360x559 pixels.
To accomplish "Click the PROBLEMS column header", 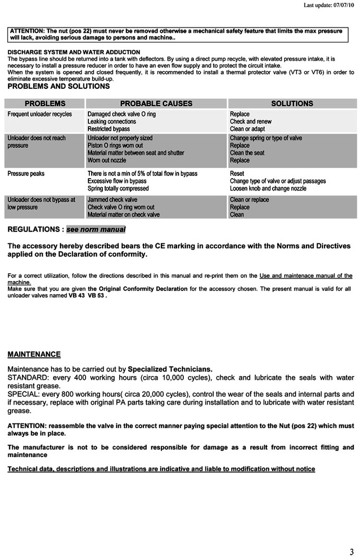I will (x=45, y=104).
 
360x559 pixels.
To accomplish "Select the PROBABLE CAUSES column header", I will (x=156, y=104).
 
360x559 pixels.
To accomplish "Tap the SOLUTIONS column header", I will (x=292, y=104).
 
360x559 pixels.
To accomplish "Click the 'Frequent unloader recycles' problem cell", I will (x=40, y=114).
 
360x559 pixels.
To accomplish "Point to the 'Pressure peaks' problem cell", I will (x=26, y=174).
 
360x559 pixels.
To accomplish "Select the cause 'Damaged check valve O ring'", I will (x=121, y=114).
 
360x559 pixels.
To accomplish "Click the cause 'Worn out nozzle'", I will (x=108, y=160).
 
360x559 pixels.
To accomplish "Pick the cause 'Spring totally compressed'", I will (x=118, y=189).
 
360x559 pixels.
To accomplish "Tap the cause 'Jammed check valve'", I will (x=112, y=200).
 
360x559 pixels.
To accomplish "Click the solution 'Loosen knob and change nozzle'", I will (x=268, y=189).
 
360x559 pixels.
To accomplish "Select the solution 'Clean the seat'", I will (x=247, y=153).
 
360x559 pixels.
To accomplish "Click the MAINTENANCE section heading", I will (x=34, y=354).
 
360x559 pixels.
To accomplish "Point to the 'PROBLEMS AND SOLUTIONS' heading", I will (x=59, y=86).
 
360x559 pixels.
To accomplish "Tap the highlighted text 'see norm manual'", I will (x=96, y=230).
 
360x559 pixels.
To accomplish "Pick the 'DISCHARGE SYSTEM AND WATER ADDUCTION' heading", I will (x=74, y=52).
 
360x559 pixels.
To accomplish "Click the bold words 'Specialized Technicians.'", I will (x=170, y=369).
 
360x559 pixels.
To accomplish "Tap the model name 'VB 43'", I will (x=77, y=296).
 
